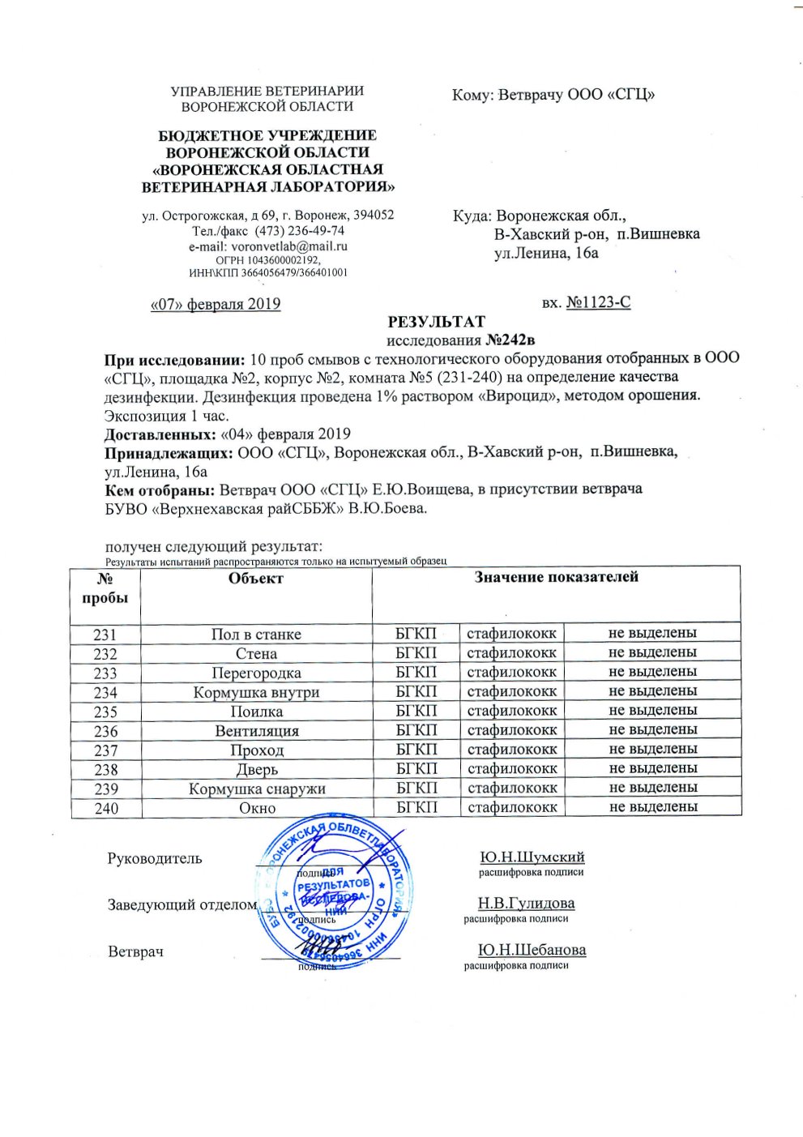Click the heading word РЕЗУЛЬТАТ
(436, 323)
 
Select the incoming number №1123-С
(598, 303)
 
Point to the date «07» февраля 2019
(216, 305)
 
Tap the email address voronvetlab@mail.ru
(290, 246)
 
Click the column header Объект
(256, 579)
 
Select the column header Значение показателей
(556, 577)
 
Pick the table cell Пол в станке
(256, 635)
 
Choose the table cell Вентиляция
(256, 731)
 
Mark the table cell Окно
(256, 808)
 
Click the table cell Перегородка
(256, 673)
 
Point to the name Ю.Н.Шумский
(532, 857)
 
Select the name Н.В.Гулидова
(526, 904)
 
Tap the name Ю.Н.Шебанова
(532, 950)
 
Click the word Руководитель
(155, 859)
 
